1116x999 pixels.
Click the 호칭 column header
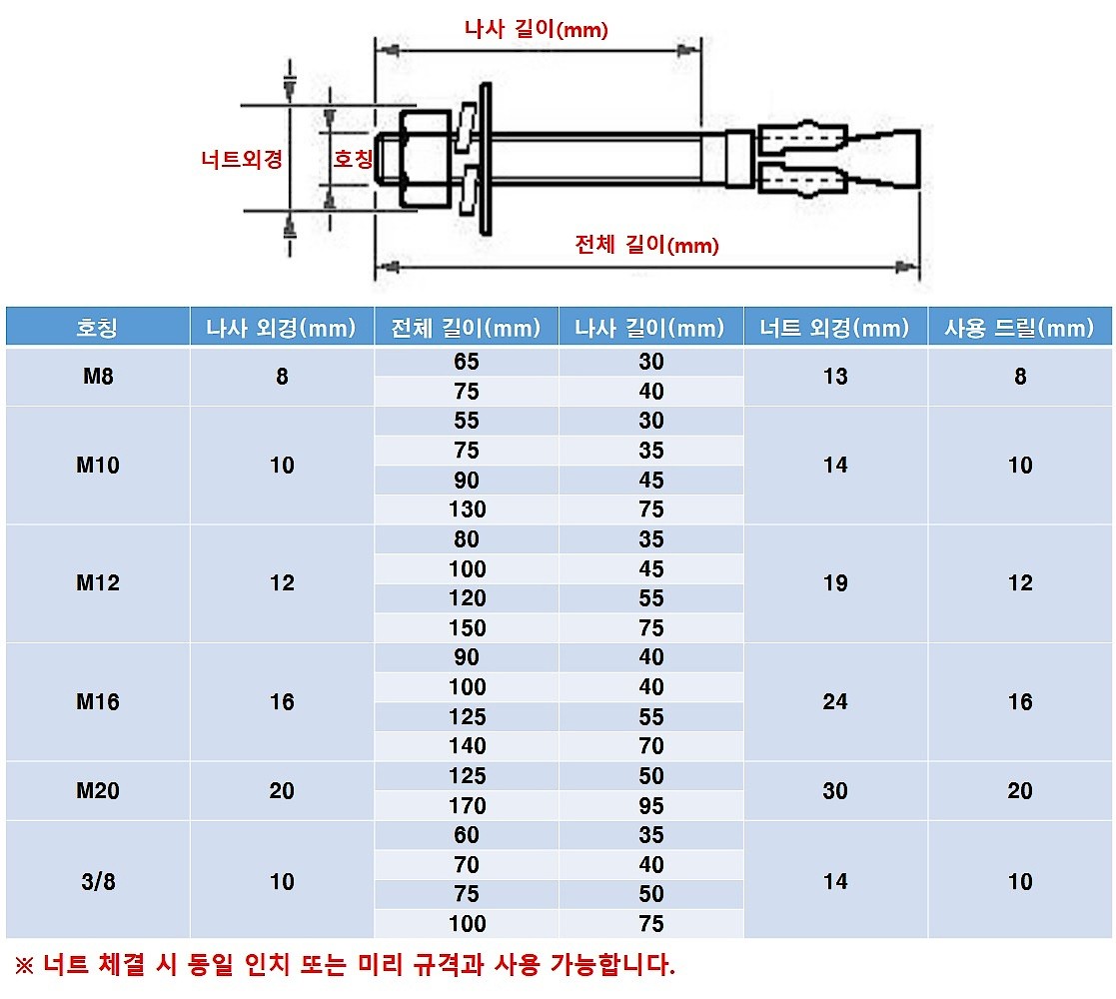click(97, 328)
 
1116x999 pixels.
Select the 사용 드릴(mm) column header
click(1019, 328)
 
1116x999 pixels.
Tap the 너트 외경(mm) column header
click(834, 328)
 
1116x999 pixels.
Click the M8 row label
click(97, 377)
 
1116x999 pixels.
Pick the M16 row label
click(97, 702)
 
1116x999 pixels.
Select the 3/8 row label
click(97, 881)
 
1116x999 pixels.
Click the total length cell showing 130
click(467, 509)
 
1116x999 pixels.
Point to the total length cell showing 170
click(467, 805)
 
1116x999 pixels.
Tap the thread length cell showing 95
click(650, 805)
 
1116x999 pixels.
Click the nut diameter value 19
click(834, 583)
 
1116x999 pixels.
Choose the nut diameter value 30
click(834, 791)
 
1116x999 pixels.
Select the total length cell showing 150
click(467, 628)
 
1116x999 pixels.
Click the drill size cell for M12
click(1019, 583)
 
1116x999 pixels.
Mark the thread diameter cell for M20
click(282, 791)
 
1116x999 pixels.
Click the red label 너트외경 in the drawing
click(242, 159)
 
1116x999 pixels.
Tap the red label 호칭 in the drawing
click(353, 159)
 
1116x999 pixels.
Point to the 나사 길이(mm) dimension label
click(537, 29)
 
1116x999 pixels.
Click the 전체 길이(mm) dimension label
click(646, 245)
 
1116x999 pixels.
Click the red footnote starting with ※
click(345, 965)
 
